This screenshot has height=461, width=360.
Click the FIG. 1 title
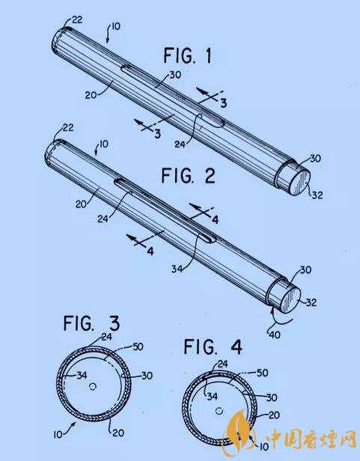tap(187, 55)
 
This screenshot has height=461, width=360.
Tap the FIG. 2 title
tap(188, 176)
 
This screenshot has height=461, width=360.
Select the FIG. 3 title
tap(91, 323)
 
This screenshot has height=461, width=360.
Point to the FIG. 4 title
tap(213, 346)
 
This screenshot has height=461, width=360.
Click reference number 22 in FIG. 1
tap(77, 20)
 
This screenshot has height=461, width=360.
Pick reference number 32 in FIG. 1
tap(317, 195)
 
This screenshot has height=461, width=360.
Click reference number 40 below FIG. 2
tap(275, 335)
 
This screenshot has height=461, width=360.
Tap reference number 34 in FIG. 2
tap(177, 269)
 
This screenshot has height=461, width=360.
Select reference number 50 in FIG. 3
tap(138, 347)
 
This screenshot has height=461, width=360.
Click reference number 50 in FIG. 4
tap(263, 373)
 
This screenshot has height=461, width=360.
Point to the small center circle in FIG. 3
tap(94, 386)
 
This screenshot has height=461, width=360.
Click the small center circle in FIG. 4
tap(219, 411)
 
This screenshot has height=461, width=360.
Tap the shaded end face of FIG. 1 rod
tap(300, 183)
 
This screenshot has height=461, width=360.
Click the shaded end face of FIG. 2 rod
tap(290, 300)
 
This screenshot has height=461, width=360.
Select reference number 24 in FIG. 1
tap(180, 144)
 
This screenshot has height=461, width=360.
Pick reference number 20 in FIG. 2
tap(81, 204)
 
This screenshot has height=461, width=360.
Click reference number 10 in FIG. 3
tap(58, 434)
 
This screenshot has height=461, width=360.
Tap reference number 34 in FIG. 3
tap(82, 375)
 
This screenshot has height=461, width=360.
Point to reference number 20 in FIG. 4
tap(274, 415)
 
